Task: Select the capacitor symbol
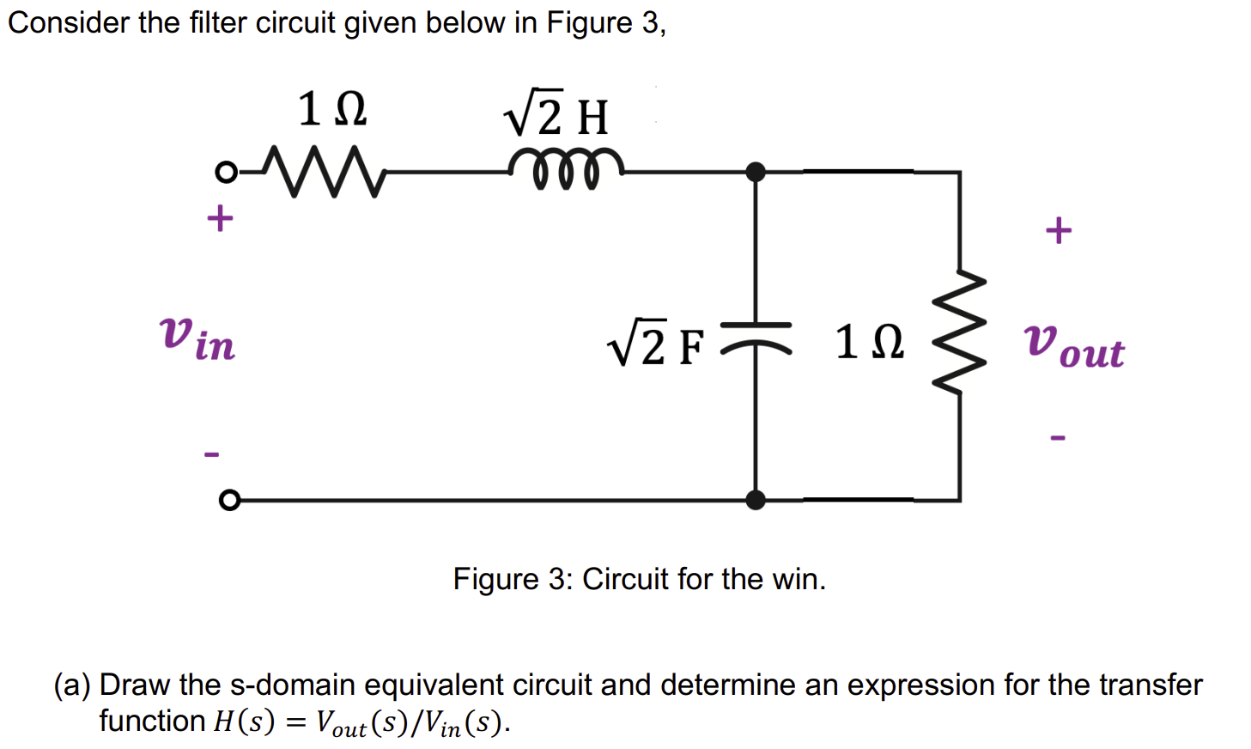tap(756, 336)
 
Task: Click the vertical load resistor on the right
tap(960, 332)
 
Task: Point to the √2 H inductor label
tap(556, 114)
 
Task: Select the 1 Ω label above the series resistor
tap(332, 110)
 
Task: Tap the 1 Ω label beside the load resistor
tap(869, 342)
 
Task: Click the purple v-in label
tap(197, 338)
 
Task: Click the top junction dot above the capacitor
tap(756, 172)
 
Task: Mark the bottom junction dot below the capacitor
tap(756, 500)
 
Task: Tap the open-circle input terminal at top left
tap(225, 173)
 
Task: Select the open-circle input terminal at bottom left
tap(228, 500)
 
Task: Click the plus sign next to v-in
tap(220, 218)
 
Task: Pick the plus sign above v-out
tap(1058, 230)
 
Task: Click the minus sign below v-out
tap(1058, 438)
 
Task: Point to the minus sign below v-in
tap(211, 454)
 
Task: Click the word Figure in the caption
tap(496, 580)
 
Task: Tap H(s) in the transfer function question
tap(244, 722)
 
